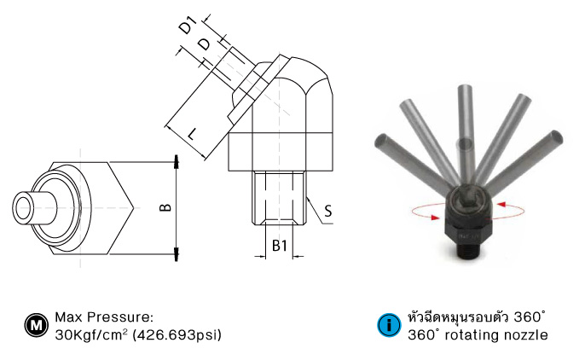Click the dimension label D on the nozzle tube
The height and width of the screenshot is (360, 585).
[204, 44]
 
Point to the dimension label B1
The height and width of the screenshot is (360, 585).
[280, 247]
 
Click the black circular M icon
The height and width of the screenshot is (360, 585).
[35, 325]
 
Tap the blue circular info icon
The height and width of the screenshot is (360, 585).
[388, 325]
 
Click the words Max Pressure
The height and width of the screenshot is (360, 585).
[103, 316]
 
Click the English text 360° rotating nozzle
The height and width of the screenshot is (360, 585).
[478, 334]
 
